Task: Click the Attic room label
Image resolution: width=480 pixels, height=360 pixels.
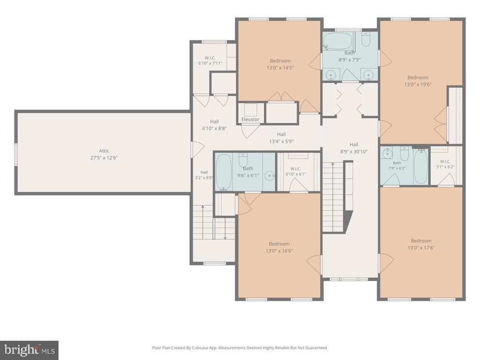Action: [x=104, y=150]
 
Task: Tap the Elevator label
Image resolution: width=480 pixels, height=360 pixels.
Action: [x=250, y=120]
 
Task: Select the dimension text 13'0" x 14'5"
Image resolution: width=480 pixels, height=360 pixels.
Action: [x=280, y=67]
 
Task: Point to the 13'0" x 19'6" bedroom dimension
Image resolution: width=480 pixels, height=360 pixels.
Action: [x=418, y=84]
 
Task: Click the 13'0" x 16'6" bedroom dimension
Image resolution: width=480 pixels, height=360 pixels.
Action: [x=279, y=251]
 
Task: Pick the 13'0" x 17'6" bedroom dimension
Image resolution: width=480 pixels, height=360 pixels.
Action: [x=421, y=247]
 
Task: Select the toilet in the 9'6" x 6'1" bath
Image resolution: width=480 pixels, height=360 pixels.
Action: [x=243, y=159]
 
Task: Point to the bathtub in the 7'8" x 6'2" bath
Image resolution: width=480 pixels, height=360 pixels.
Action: [x=420, y=167]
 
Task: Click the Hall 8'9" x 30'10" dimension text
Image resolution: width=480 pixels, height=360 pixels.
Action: [x=354, y=151]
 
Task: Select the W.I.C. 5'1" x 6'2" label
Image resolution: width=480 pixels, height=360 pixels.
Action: [x=445, y=164]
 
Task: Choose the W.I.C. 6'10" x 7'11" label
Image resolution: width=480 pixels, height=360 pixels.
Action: [x=210, y=60]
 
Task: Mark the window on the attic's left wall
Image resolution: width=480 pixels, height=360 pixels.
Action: [x=15, y=155]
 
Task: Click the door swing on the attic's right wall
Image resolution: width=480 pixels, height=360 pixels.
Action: [x=198, y=150]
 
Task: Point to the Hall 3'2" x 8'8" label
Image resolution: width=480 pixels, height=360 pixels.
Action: [x=204, y=175]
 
